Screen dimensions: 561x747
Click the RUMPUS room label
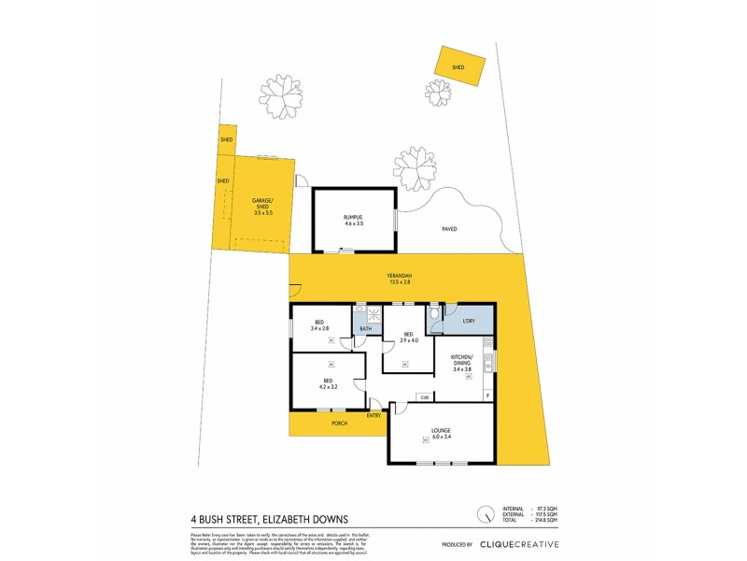pos(352,217)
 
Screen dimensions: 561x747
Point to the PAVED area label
pos(449,228)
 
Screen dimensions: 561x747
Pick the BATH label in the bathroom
pos(366,328)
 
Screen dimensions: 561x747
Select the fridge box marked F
pos(488,395)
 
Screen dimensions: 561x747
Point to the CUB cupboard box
pos(424,397)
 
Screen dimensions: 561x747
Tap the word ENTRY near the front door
pos(374,415)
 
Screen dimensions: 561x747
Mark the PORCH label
pos(340,424)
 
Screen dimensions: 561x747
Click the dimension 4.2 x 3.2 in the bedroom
pos(329,387)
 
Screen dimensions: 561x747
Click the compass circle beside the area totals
pos(485,514)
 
